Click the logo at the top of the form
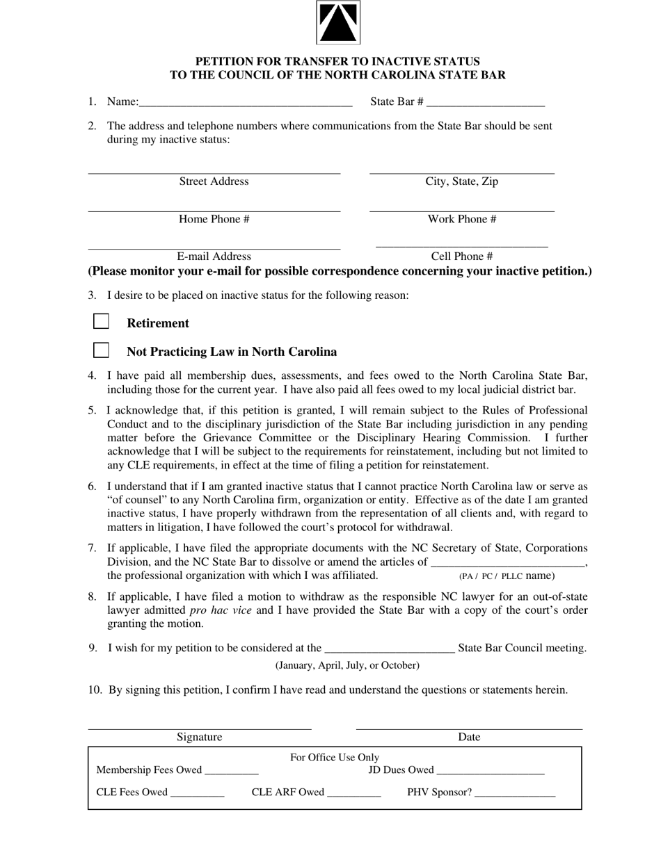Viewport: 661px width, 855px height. click(338, 22)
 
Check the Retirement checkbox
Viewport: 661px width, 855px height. click(102, 321)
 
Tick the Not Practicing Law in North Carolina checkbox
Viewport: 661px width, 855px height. click(102, 350)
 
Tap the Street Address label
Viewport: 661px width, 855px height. click(214, 181)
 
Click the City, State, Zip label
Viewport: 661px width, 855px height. click(461, 181)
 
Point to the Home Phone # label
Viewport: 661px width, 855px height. click(214, 219)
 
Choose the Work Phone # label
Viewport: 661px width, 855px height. click(461, 219)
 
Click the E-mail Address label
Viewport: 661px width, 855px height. click(214, 256)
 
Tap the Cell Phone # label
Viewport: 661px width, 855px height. click(461, 256)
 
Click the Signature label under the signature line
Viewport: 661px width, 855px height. click(199, 738)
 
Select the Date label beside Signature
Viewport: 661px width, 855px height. click(469, 738)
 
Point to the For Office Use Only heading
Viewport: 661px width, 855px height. click(335, 758)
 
